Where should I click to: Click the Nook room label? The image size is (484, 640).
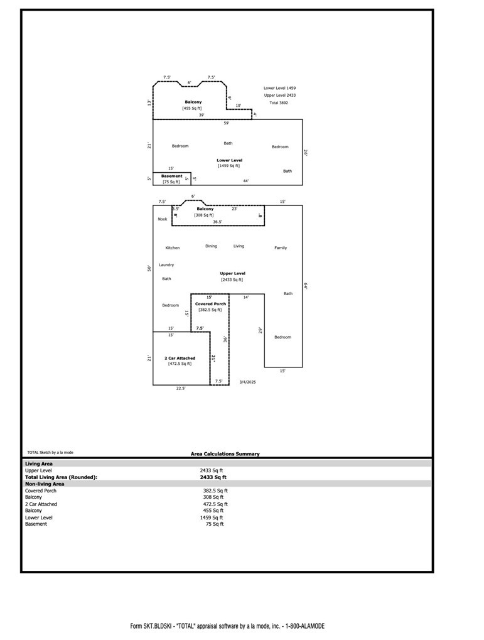(x=163, y=219)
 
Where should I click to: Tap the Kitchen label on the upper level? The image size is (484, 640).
(x=173, y=248)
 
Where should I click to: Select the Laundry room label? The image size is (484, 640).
(x=166, y=265)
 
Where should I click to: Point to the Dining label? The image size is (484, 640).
(x=211, y=246)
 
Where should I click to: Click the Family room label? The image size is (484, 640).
(x=281, y=248)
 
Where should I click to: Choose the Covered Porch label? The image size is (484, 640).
(x=210, y=304)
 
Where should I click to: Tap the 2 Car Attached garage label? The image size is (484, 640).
(x=180, y=358)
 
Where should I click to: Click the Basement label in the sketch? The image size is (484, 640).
(x=171, y=176)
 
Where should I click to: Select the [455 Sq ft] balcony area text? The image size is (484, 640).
(x=192, y=108)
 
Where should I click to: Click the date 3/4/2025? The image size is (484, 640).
(x=247, y=382)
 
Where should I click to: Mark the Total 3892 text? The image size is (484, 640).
(x=279, y=102)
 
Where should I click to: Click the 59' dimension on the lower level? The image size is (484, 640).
(x=226, y=123)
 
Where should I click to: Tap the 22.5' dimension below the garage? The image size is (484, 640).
(x=180, y=389)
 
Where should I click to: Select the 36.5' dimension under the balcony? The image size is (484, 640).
(x=217, y=222)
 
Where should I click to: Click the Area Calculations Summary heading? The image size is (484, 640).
(x=225, y=454)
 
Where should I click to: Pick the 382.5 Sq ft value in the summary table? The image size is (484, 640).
(x=215, y=491)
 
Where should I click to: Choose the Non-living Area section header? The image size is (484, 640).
(x=45, y=484)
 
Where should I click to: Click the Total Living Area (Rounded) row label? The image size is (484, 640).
(x=61, y=477)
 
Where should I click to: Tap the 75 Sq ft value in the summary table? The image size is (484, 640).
(x=214, y=524)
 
